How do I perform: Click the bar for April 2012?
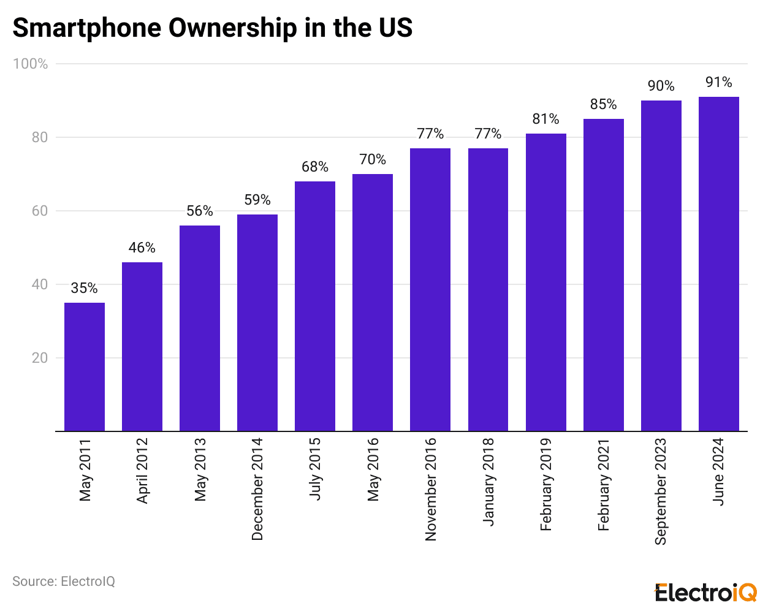[142, 346]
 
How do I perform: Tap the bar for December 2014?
[257, 322]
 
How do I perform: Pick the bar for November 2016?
[430, 289]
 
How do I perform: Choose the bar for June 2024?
[719, 264]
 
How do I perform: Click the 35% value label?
[84, 288]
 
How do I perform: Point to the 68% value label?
[315, 167]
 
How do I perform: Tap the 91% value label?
[719, 82]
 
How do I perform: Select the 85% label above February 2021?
[604, 104]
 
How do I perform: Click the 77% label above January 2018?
[488, 134]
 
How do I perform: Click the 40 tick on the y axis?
[40, 284]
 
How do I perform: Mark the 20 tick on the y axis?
[40, 358]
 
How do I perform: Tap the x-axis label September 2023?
[661, 491]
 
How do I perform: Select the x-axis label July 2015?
[315, 469]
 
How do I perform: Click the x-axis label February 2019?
[545, 484]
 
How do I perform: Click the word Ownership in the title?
[232, 28]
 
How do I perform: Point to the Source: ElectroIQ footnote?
[64, 581]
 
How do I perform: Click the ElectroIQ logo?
[706, 593]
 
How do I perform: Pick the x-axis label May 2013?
[200, 469]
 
